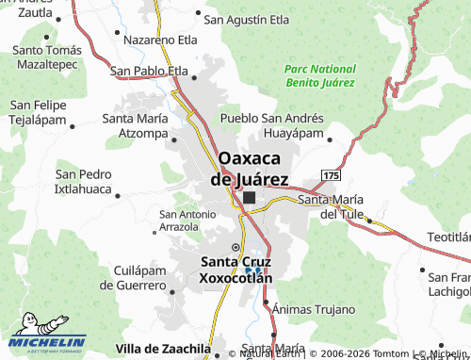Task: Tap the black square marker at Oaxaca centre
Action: coord(249,198)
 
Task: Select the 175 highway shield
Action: coord(330,176)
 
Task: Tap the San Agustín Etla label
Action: coord(248,18)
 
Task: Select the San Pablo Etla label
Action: coord(149,71)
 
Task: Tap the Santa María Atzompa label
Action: coord(135,125)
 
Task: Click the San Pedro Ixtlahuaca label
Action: coord(83,182)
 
